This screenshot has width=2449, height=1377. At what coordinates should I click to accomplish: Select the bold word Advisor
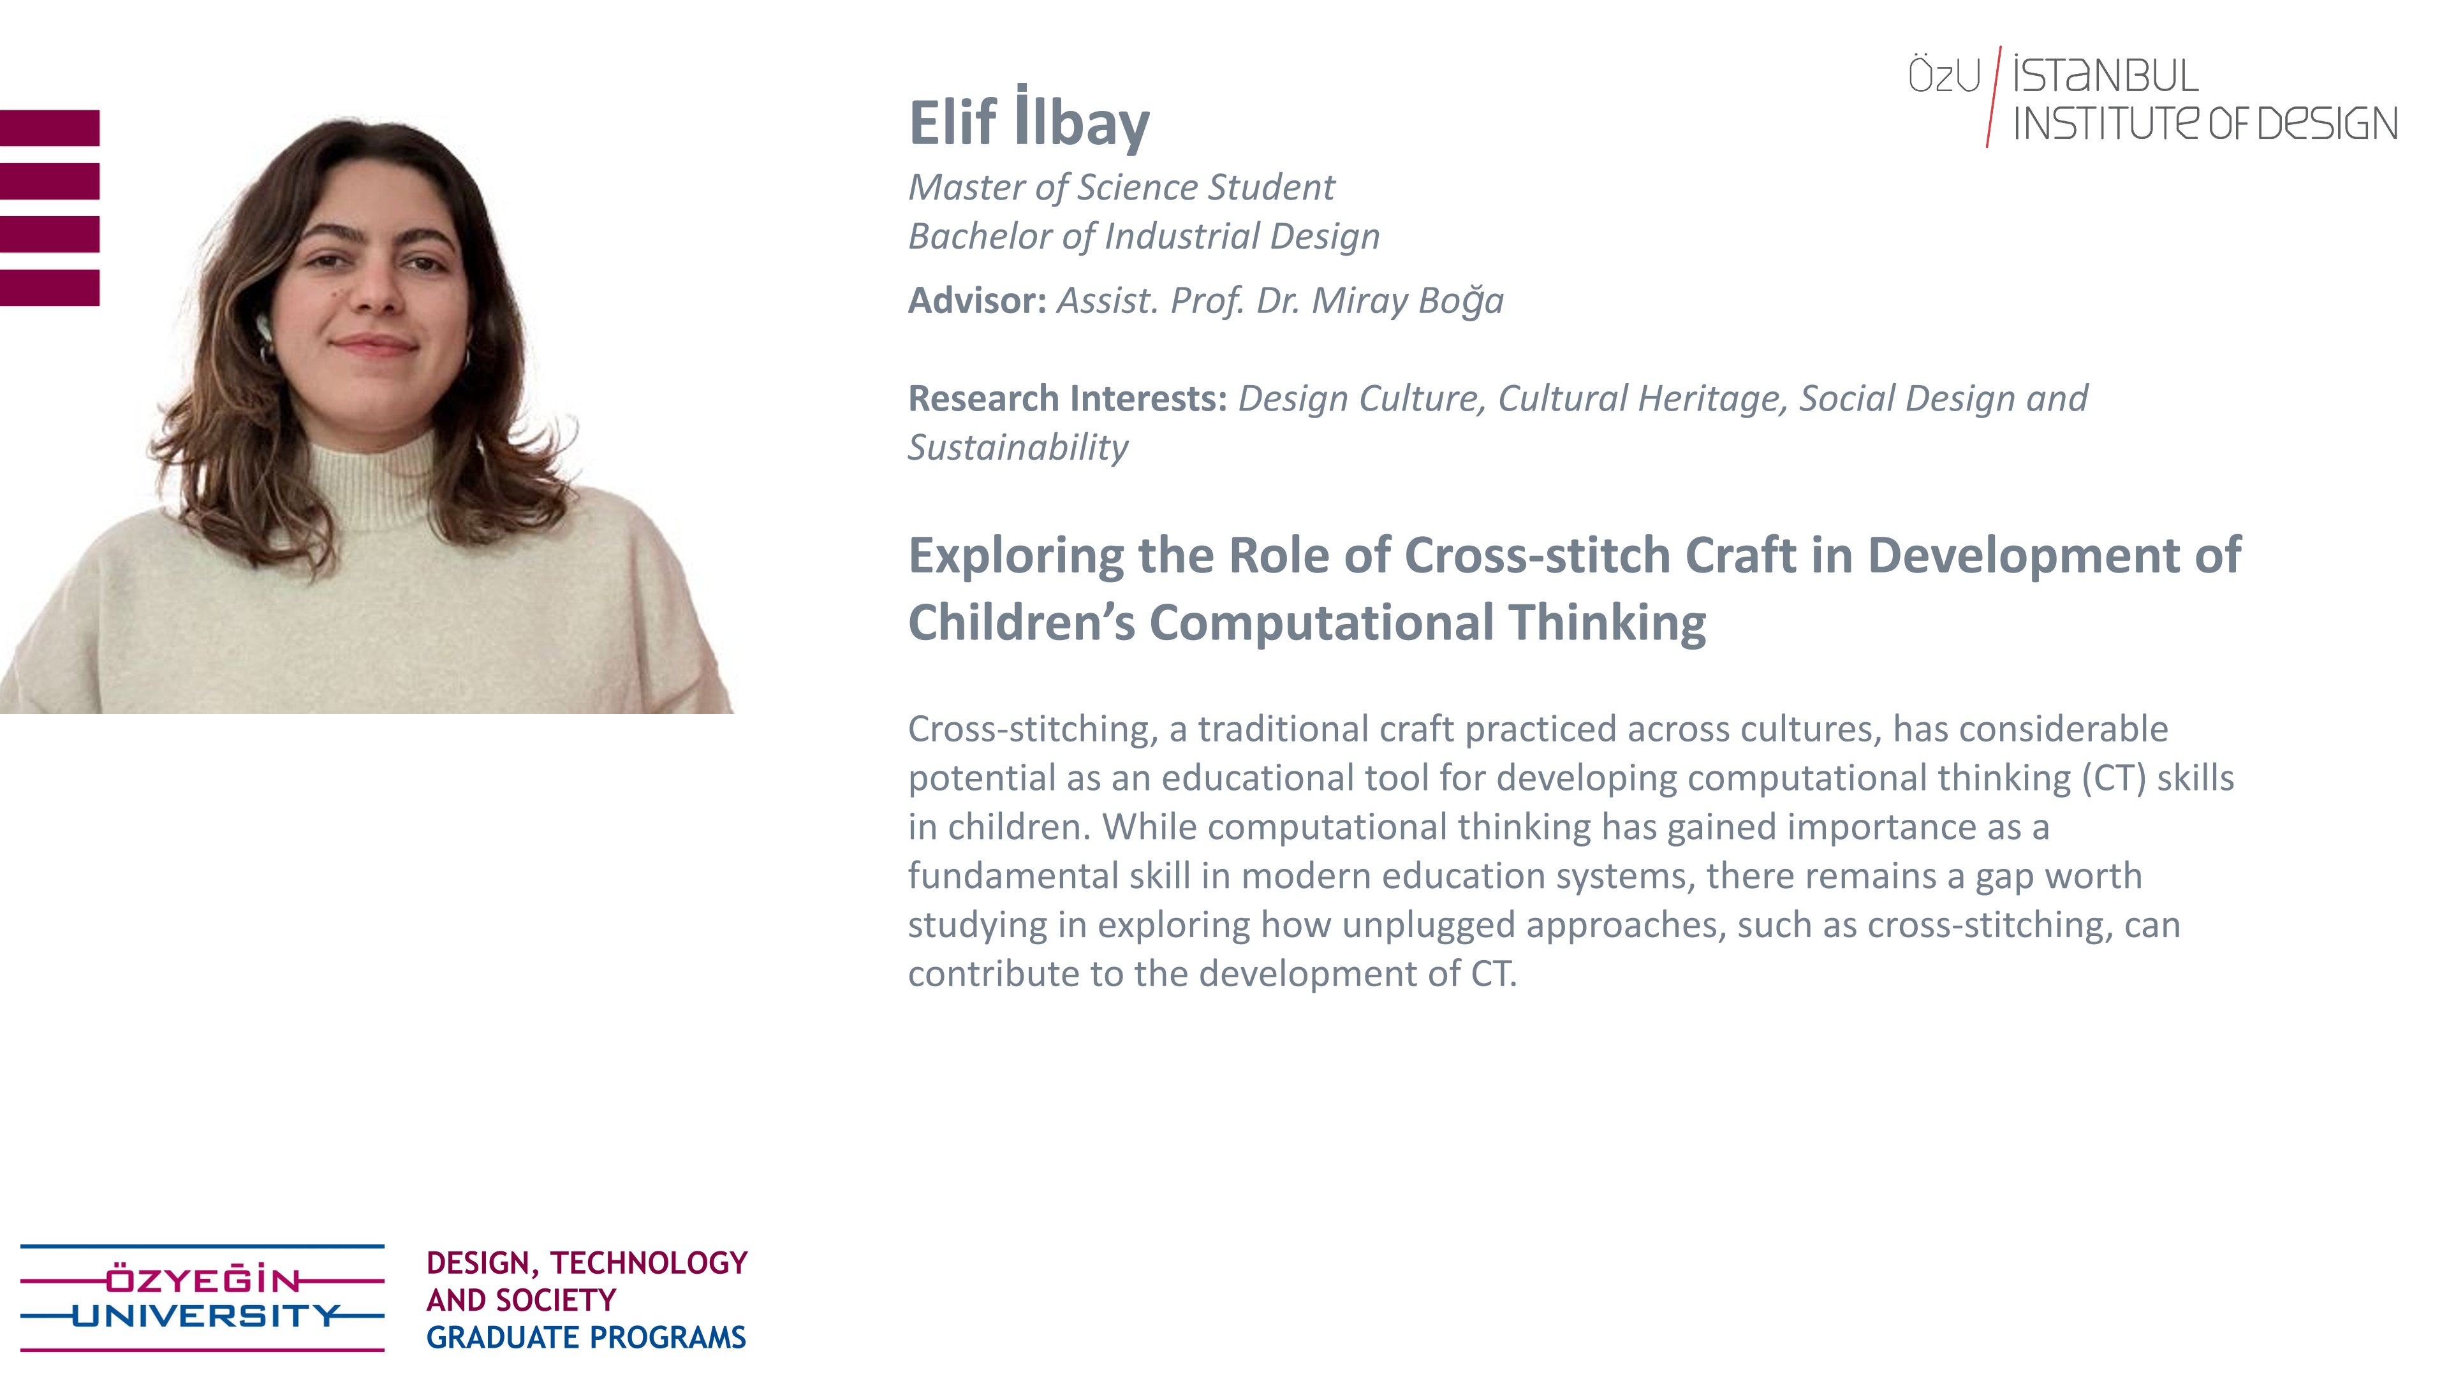click(x=976, y=300)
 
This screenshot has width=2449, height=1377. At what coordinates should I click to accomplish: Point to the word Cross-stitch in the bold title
click(x=1537, y=555)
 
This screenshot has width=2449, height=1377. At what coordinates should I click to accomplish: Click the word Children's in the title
click(x=1021, y=623)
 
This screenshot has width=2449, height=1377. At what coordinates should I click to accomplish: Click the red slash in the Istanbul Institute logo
click(x=1994, y=97)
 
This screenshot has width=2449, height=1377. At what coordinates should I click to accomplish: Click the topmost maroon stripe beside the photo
click(x=50, y=128)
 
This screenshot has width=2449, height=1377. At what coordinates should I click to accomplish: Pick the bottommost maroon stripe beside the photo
click(x=50, y=288)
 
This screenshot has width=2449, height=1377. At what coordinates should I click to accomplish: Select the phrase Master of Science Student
click(x=1121, y=188)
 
